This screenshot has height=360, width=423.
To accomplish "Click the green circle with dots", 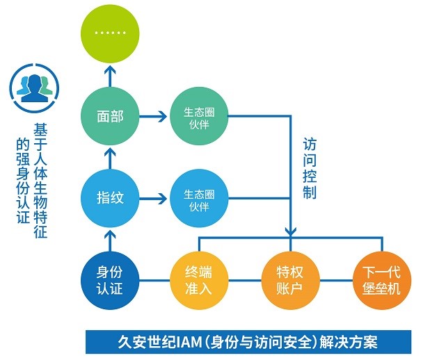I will click(110, 33).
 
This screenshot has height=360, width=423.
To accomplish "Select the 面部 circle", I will click(110, 116).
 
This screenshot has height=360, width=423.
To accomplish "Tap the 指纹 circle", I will click(110, 197).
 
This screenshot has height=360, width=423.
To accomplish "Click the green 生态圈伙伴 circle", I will click(198, 117).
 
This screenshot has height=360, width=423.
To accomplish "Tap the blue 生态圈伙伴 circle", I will click(198, 198).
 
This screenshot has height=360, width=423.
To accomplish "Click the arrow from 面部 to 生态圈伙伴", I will click(154, 116).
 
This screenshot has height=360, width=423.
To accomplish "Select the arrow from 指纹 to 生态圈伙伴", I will click(154, 198).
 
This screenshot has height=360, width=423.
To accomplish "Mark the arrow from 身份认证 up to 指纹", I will click(110, 239).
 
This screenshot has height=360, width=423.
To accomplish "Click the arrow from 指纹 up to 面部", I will click(110, 157).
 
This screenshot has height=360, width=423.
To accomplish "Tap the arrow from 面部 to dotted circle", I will click(110, 75).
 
